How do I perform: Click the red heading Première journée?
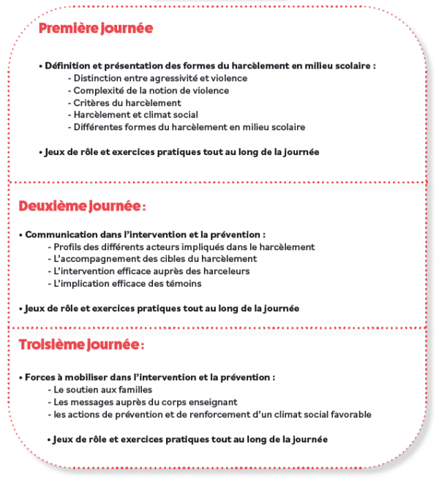pos(95,29)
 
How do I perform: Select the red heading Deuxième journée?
pos(81,207)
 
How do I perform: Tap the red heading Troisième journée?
pos(81,344)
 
